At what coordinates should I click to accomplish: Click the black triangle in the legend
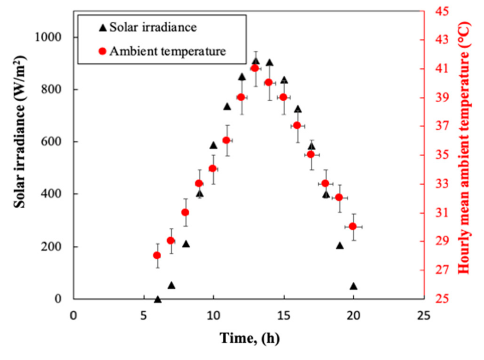pos(103,28)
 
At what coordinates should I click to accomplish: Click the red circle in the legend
pos(102,51)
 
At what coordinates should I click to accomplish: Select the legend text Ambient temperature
pos(167,51)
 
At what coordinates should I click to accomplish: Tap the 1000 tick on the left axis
pos(48,37)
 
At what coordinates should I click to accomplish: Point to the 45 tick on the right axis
pos(442,11)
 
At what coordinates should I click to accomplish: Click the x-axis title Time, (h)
pos(249,338)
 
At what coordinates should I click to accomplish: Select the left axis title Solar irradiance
pos(20,132)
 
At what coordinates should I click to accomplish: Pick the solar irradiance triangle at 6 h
pos(157,299)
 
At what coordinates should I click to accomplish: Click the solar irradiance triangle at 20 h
pos(354,286)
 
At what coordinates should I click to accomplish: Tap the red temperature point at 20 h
pos(353,227)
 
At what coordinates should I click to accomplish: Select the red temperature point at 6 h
pos(157,255)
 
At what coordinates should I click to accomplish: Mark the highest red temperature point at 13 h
pos(255,68)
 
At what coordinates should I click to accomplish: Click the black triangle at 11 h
pos(227,107)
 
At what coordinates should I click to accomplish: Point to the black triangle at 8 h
pos(186,244)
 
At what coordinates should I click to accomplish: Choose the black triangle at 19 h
pos(340,246)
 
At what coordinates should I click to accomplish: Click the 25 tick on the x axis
pos(424,315)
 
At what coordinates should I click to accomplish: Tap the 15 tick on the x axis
pos(284,315)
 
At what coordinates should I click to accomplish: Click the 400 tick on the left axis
pos(51,194)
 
